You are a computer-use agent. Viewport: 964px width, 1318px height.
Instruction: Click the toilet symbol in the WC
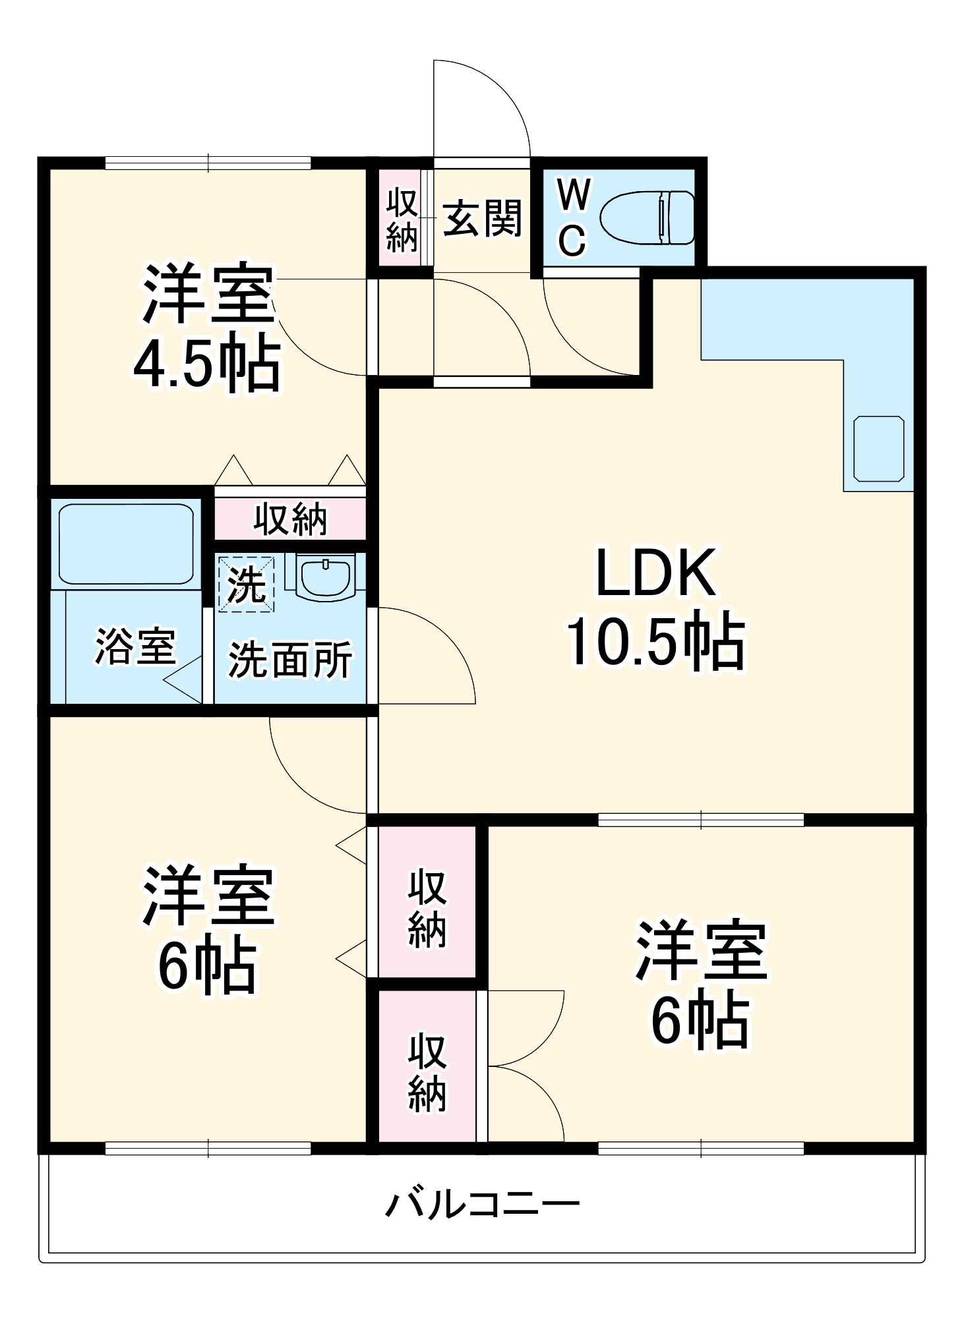click(646, 217)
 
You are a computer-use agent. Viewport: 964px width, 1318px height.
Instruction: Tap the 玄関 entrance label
click(481, 218)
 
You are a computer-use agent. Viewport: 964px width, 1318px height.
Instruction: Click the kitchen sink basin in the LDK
click(878, 448)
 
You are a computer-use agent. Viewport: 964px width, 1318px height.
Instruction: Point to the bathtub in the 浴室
click(126, 544)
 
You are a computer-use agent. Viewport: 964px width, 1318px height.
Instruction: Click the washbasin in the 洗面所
click(325, 577)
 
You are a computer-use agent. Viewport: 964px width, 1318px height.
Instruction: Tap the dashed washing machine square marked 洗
click(246, 584)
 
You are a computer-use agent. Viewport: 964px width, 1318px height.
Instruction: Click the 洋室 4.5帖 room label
click(207, 328)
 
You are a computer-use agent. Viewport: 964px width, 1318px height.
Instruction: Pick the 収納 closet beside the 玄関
click(402, 219)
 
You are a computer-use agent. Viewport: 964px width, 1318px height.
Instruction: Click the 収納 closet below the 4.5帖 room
click(290, 519)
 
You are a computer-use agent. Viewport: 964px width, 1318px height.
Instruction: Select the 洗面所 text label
click(289, 660)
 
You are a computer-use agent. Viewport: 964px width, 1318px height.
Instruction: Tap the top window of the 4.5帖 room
click(208, 162)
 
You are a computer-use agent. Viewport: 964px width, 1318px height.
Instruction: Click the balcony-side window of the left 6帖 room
click(208, 1148)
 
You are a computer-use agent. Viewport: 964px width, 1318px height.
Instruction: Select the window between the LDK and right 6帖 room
click(701, 820)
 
